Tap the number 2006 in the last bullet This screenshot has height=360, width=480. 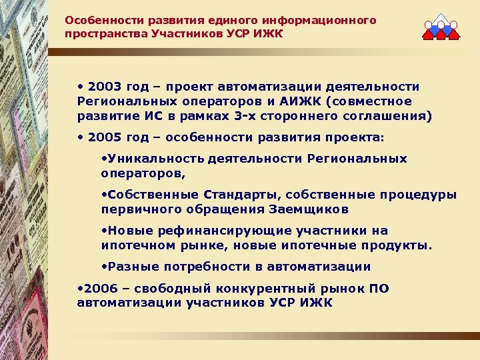[x=98, y=288]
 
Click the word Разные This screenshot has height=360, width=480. [x=129, y=267]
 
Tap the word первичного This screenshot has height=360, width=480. [x=138, y=209]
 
